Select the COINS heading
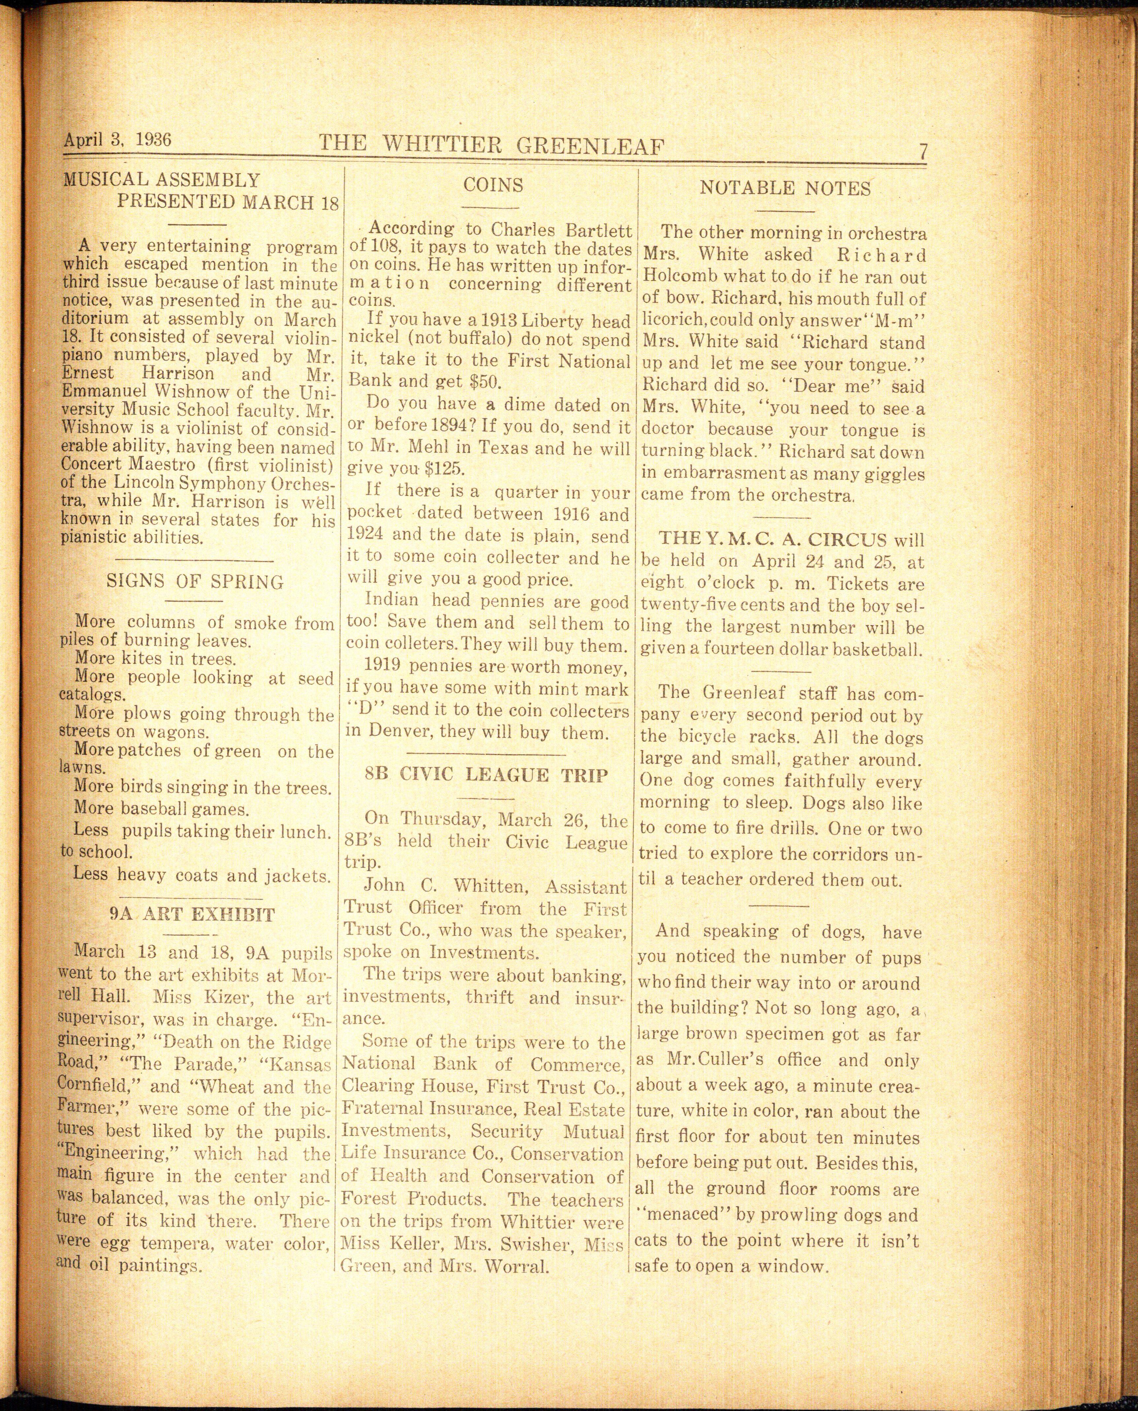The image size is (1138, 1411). point(493,185)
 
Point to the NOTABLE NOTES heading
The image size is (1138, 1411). point(785,189)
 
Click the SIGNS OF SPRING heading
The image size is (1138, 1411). point(195,582)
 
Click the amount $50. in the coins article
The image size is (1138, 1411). point(469,381)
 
